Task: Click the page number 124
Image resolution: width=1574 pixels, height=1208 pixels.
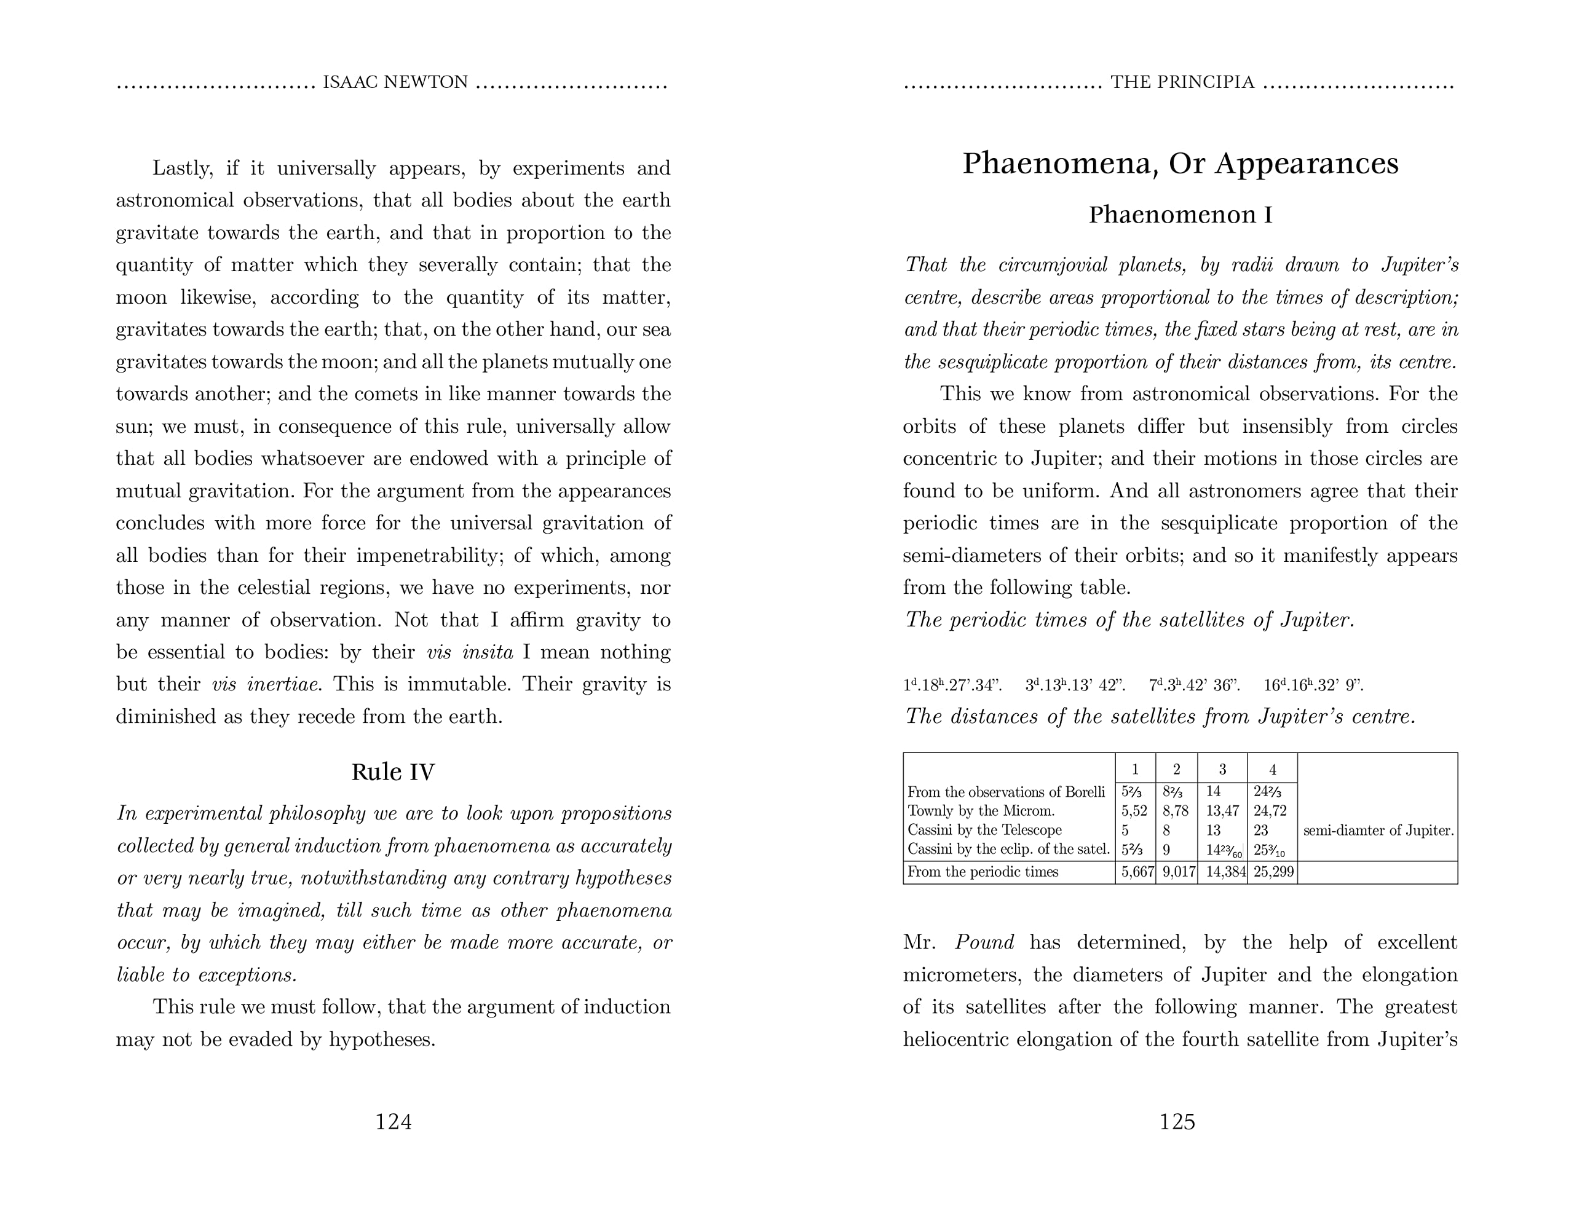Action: [x=393, y=1122]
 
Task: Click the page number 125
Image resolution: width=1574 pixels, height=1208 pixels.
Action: [x=1177, y=1122]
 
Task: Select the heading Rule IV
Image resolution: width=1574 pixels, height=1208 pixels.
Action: [x=393, y=772]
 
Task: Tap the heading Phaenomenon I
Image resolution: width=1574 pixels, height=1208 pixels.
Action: [x=1180, y=215]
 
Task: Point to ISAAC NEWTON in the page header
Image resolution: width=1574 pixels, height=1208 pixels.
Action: [x=395, y=83]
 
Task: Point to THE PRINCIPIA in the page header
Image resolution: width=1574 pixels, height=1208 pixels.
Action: [x=1182, y=83]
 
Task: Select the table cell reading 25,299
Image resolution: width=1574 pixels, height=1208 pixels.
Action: [x=1272, y=872]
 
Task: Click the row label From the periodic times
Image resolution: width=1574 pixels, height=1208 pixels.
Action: [x=983, y=872]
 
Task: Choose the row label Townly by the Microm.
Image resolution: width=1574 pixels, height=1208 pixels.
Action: [x=981, y=811]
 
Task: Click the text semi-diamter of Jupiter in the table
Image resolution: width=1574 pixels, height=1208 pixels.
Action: [x=1378, y=831]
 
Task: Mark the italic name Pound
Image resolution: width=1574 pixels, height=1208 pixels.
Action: [x=984, y=942]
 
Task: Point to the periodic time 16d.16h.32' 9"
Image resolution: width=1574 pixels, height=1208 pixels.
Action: [x=1313, y=685]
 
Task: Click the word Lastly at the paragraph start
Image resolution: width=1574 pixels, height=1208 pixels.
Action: [x=183, y=168]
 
